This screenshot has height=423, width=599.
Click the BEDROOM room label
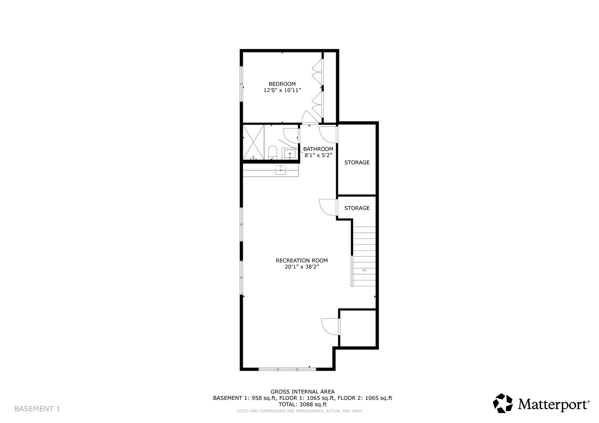[282, 84]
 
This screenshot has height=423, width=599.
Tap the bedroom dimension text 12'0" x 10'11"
[282, 90]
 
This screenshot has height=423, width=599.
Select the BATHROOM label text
[318, 149]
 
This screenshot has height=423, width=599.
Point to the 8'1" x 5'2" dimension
[318, 155]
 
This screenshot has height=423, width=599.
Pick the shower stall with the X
[253, 142]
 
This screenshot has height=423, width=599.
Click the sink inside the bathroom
[289, 154]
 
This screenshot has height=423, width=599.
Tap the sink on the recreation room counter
[280, 170]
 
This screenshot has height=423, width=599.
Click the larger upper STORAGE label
[357, 163]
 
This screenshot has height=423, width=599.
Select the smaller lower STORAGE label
[357, 208]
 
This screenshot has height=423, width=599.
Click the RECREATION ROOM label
[302, 260]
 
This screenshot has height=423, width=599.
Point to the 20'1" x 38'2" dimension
[302, 267]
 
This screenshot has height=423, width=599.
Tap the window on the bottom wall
[287, 369]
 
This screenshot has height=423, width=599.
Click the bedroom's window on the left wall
[242, 84]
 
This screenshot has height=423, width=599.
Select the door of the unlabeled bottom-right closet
[331, 327]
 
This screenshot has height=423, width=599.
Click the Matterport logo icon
[503, 403]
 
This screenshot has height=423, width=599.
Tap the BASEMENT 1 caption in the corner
[37, 409]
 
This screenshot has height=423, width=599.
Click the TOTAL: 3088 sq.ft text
[302, 404]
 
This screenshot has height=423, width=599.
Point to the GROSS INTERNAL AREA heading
[302, 392]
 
